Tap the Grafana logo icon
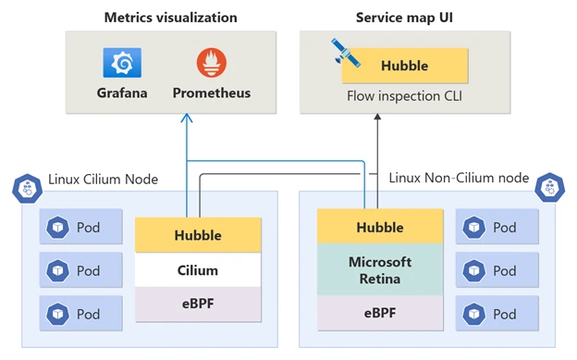pyautogui.click(x=121, y=63)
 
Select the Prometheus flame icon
pyautogui.click(x=211, y=63)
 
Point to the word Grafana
pyautogui.click(x=121, y=93)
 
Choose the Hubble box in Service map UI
pyautogui.click(x=405, y=67)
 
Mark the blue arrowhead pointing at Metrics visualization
pyautogui.click(x=187, y=118)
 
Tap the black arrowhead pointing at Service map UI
pyautogui.click(x=376, y=118)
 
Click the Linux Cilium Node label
pyautogui.click(x=103, y=179)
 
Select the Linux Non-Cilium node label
pyautogui.click(x=459, y=178)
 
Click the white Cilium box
pyautogui.click(x=198, y=270)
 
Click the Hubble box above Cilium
pyautogui.click(x=198, y=235)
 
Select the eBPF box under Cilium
pyautogui.click(x=198, y=304)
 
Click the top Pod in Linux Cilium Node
pyautogui.click(x=80, y=228)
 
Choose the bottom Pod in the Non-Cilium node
pyautogui.click(x=497, y=314)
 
